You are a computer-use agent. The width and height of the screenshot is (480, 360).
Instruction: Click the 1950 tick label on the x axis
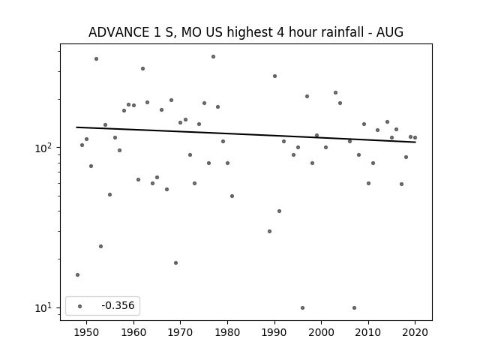87,332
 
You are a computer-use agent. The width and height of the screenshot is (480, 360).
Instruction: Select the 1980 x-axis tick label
227,332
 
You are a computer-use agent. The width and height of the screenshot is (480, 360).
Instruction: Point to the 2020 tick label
415,332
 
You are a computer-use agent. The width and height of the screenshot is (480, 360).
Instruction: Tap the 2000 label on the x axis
322,332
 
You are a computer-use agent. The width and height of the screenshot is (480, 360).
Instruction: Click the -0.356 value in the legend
118,305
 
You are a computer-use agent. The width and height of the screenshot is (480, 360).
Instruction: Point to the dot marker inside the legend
80,306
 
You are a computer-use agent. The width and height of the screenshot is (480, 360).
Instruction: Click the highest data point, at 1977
213,57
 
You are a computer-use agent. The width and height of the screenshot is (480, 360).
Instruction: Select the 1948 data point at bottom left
77,275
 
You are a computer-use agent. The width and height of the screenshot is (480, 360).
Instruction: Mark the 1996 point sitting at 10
302,308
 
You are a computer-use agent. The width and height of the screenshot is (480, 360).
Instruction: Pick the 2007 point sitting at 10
354,308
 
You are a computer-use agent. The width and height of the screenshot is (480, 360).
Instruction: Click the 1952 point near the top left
96,58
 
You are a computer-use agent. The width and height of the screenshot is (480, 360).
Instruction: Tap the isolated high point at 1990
274,76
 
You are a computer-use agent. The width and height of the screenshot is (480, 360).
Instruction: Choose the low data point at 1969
175,263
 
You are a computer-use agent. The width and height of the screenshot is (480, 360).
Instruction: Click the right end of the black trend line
415,142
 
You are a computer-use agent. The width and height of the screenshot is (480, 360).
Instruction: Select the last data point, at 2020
415,138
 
